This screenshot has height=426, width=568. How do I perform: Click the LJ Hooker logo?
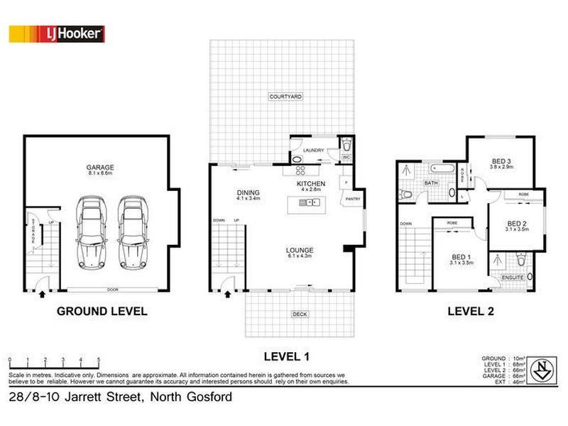click(x=57, y=33)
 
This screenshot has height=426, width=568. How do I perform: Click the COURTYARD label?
click(x=286, y=96)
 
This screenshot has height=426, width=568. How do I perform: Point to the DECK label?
click(x=298, y=314)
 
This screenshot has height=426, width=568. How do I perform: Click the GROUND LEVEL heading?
click(x=102, y=311)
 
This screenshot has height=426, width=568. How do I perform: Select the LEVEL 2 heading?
click(x=469, y=311)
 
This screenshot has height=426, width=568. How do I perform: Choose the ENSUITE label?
click(x=513, y=277)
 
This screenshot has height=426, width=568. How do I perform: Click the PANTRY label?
click(x=353, y=200)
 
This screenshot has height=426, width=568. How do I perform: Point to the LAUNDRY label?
click(x=313, y=151)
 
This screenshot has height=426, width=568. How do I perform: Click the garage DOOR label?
click(x=112, y=290)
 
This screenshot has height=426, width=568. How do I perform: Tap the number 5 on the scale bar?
click(x=99, y=360)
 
